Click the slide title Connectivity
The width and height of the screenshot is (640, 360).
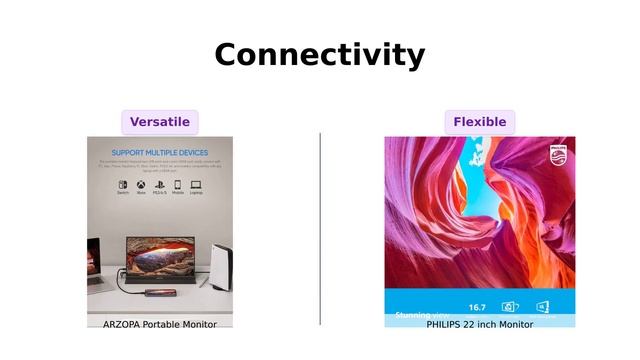(319, 55)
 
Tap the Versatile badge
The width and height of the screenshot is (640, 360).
(160, 122)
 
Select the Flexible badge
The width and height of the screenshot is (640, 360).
(479, 122)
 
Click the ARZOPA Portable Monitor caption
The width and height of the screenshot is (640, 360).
(160, 324)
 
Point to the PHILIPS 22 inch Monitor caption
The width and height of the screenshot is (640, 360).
(479, 324)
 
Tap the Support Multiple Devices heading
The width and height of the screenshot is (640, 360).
(160, 153)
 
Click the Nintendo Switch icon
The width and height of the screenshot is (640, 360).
(123, 184)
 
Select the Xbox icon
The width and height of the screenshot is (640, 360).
(141, 184)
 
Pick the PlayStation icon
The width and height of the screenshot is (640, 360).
(159, 184)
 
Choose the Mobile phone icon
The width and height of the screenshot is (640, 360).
(178, 184)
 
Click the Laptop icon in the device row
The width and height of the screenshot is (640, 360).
(196, 184)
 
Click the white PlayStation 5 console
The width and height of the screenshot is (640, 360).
(220, 265)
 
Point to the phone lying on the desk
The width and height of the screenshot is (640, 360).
(160, 293)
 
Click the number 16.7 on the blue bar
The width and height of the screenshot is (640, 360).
(477, 307)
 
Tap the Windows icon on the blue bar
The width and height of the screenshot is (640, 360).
(544, 307)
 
